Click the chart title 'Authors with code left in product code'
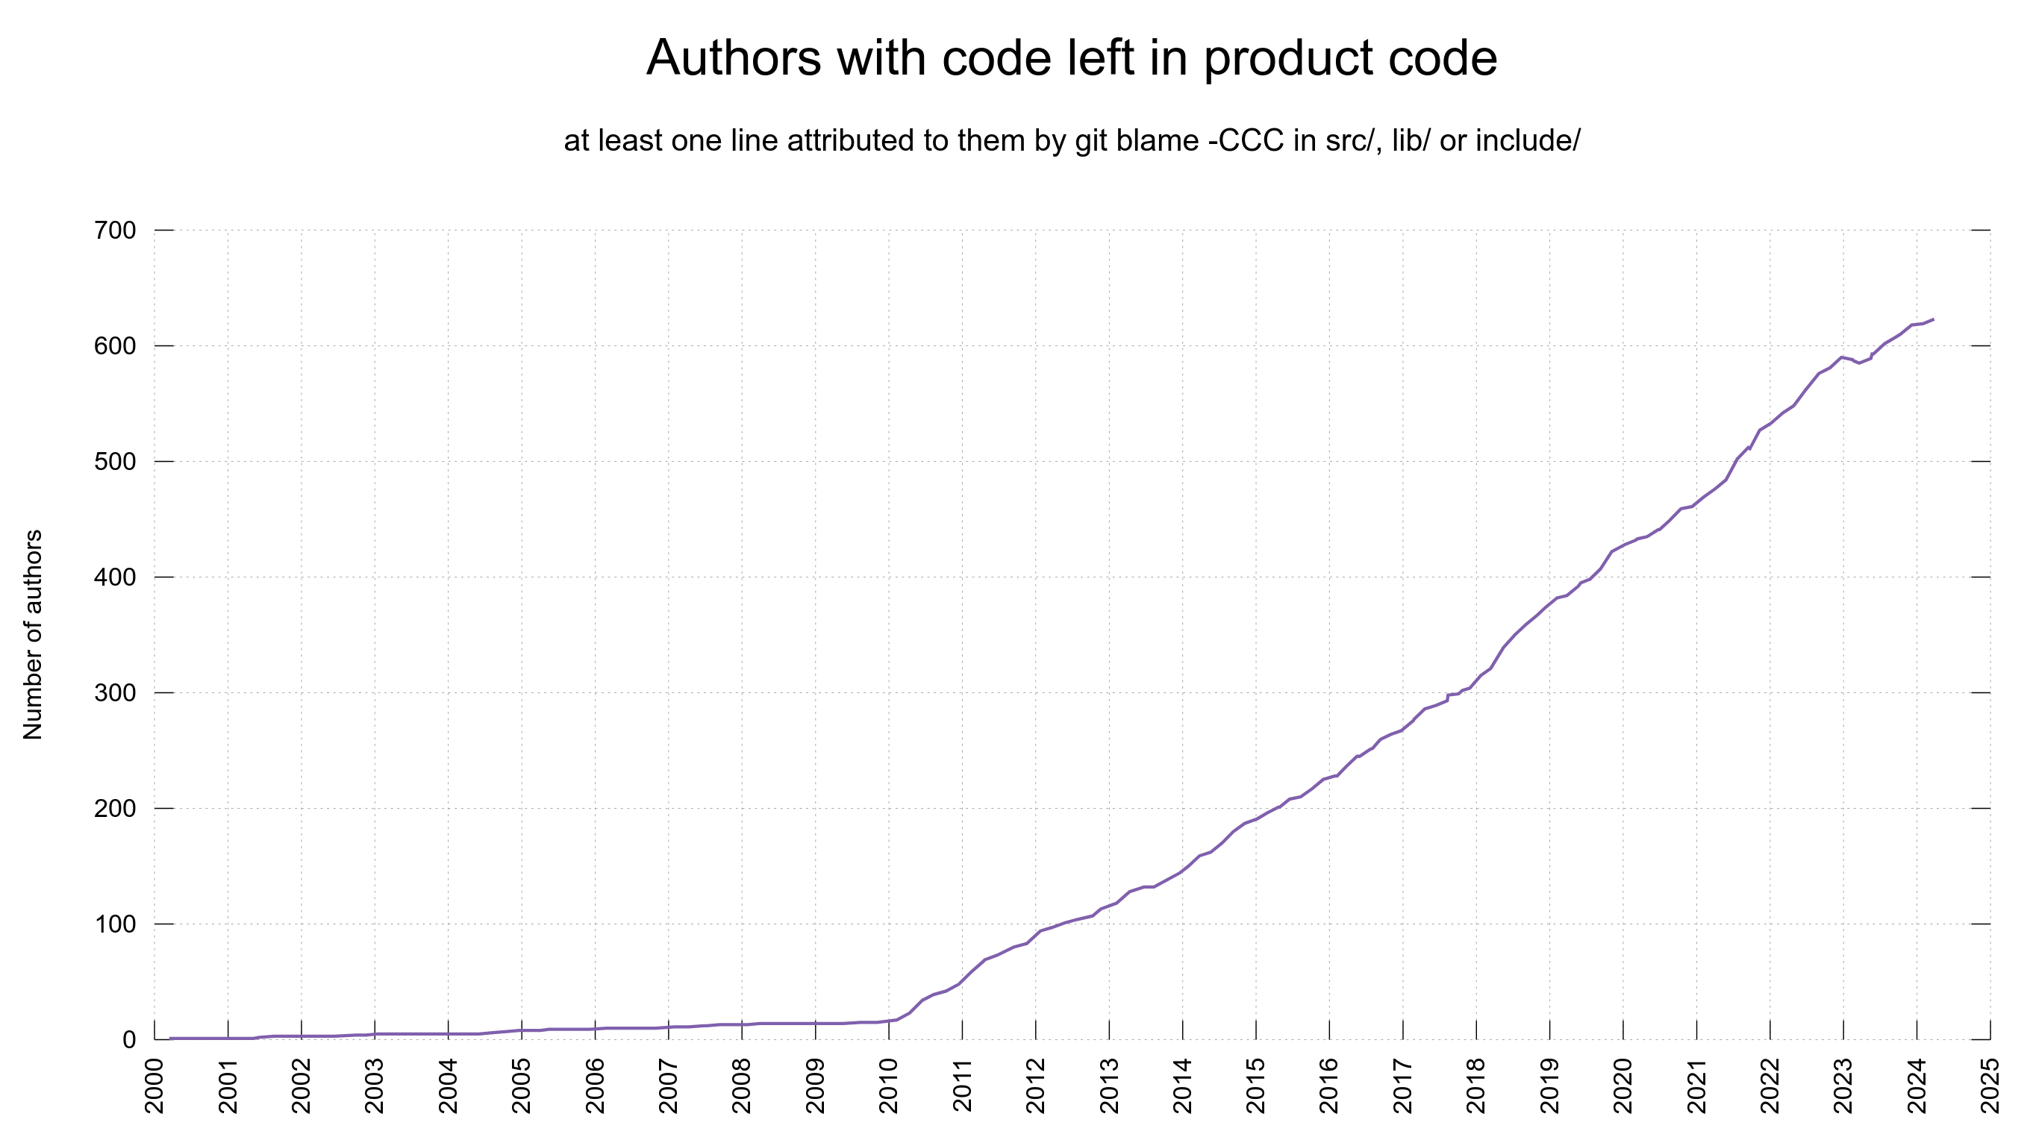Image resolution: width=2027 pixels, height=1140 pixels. [x=1071, y=57]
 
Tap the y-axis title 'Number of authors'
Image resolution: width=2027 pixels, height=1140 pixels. [x=33, y=634]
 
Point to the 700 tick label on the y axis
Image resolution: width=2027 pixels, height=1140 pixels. [x=115, y=231]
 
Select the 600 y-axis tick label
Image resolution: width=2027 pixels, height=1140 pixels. [x=115, y=346]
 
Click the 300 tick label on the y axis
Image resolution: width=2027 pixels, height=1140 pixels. [x=115, y=693]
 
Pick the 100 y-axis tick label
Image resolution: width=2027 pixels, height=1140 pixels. [x=115, y=924]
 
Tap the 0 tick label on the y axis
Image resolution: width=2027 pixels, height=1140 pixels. [x=129, y=1040]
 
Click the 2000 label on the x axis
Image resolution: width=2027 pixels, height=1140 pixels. [x=155, y=1086]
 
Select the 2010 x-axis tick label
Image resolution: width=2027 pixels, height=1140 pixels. [x=889, y=1086]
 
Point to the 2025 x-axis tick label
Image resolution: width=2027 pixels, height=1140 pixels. [x=1991, y=1086]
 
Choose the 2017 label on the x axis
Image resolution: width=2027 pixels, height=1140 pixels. [x=1403, y=1086]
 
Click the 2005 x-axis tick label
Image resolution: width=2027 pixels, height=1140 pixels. [x=522, y=1086]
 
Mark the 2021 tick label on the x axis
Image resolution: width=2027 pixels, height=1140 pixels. [x=1697, y=1086]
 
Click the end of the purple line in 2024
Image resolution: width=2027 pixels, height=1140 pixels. [x=1934, y=319]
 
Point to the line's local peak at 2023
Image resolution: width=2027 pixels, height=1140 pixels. [x=1843, y=357]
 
